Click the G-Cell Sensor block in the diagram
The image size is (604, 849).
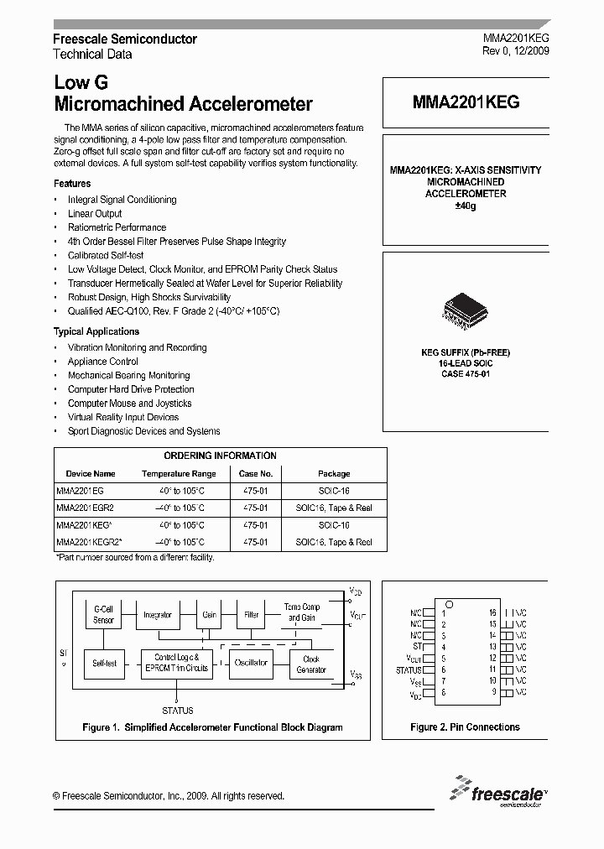(x=103, y=615)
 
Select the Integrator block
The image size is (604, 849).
(x=157, y=615)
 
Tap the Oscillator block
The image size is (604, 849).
(x=250, y=663)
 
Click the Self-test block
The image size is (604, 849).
(x=104, y=663)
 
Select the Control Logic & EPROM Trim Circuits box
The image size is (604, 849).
(x=176, y=663)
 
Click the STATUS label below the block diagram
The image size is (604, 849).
(x=176, y=711)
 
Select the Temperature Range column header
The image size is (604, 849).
(x=179, y=473)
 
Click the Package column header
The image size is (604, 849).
(x=334, y=473)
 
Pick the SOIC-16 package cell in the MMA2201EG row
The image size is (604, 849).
(x=334, y=490)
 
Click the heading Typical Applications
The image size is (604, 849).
(x=96, y=332)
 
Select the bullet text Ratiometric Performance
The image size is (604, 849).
(x=117, y=227)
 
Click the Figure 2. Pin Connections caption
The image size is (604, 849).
(x=465, y=727)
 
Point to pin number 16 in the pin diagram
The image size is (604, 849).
(x=493, y=613)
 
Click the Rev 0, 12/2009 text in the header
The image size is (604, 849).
(x=516, y=52)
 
